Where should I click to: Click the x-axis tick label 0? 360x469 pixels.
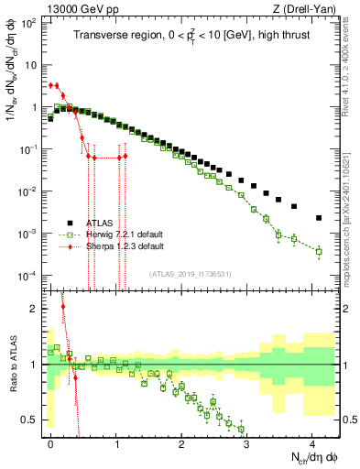pos(50,443)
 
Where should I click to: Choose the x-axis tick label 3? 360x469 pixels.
pos(246,443)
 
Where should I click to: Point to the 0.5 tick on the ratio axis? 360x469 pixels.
pos(31,420)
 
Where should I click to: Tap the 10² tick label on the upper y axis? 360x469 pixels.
pos(29,23)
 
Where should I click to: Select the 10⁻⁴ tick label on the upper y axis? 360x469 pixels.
pos(29,276)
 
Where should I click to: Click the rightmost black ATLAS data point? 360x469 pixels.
pos(319,218)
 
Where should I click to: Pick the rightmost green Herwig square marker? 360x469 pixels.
pos(319,250)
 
